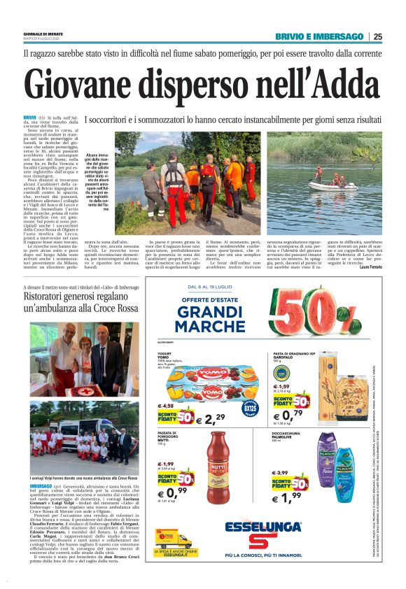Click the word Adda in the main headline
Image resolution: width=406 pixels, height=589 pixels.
(x=334, y=83)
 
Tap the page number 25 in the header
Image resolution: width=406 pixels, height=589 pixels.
(x=377, y=36)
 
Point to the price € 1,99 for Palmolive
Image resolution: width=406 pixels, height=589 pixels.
(x=288, y=497)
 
